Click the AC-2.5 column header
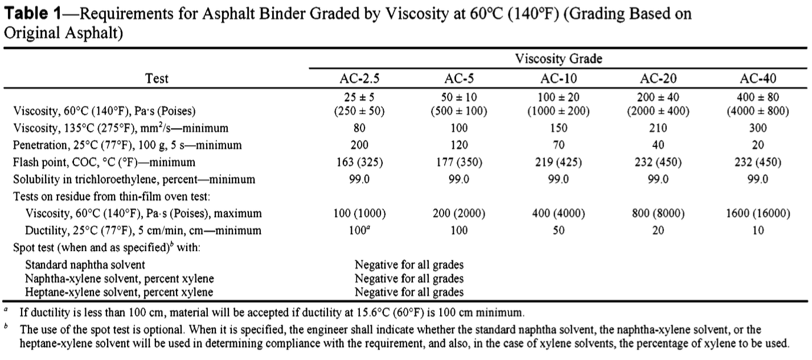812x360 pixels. (359, 79)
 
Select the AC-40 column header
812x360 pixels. (758, 79)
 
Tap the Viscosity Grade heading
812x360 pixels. (559, 59)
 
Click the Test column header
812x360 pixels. (157, 79)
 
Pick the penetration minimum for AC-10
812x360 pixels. (558, 145)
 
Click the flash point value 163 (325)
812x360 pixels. (359, 162)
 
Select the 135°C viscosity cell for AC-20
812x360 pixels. (658, 128)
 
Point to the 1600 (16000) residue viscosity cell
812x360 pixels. (758, 214)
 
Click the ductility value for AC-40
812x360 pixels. (758, 231)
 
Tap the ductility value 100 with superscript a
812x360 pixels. (359, 230)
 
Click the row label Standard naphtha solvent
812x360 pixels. (85, 265)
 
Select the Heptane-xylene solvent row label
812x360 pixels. (119, 293)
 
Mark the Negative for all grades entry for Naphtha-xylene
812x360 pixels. (409, 279)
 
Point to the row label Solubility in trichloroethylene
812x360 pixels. (134, 179)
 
